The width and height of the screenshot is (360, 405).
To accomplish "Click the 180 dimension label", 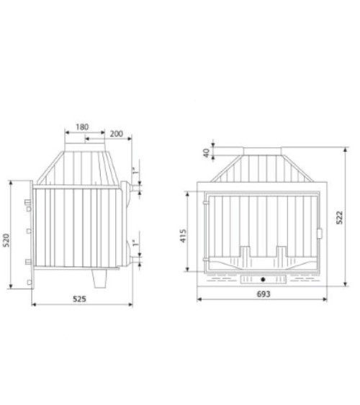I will (x=82, y=127).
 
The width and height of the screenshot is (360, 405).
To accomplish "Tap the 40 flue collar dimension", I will (x=207, y=153).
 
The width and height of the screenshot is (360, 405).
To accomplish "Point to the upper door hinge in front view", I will (x=205, y=203).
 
